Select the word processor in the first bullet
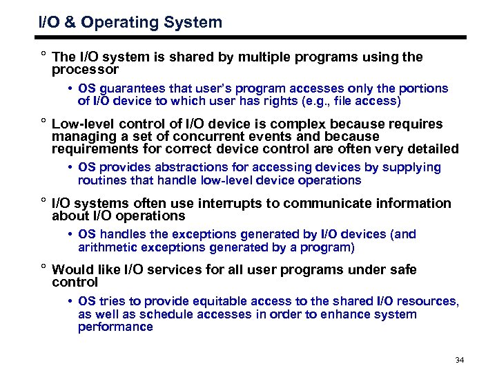pyautogui.click(x=85, y=70)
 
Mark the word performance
pyautogui.click(x=115, y=327)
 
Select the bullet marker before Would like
pyautogui.click(x=43, y=268)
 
